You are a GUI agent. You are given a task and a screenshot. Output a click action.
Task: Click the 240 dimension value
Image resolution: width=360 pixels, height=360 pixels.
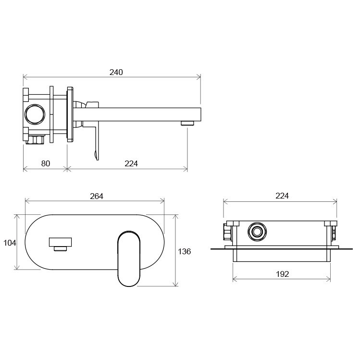click(116, 72)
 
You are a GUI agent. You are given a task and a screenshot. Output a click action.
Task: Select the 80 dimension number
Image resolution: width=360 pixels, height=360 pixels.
click(46, 163)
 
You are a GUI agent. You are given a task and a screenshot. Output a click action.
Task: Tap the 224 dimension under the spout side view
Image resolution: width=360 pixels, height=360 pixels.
click(131, 163)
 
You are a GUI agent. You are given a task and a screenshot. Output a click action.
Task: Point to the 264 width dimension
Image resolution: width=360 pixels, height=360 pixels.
click(97, 196)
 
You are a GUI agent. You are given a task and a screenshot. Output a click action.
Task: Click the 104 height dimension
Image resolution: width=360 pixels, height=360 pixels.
click(10, 243)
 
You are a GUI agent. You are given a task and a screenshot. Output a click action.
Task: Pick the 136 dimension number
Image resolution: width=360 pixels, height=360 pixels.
click(185, 251)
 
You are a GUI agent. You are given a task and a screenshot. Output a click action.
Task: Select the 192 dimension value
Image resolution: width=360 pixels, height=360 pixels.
click(282, 274)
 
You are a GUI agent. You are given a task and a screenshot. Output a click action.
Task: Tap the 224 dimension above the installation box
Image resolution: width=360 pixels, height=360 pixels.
click(282, 196)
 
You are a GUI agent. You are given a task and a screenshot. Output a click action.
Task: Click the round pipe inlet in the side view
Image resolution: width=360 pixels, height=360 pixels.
click(35, 114)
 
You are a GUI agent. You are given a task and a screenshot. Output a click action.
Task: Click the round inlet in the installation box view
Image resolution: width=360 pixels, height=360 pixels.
click(257, 232)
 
